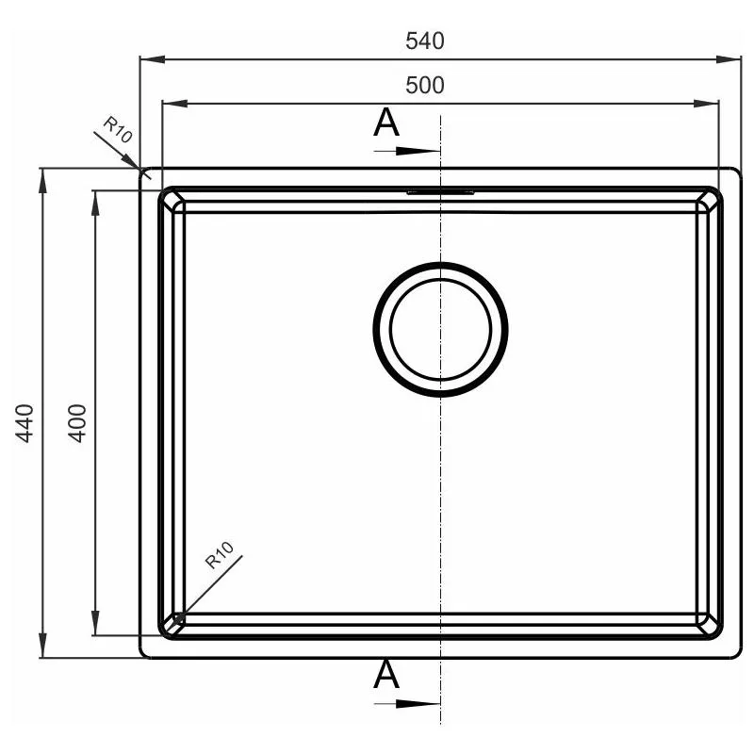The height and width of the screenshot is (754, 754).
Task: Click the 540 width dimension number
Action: point(425,41)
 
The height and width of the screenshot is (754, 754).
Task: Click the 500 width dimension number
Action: point(425,85)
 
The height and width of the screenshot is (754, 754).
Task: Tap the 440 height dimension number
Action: point(25,422)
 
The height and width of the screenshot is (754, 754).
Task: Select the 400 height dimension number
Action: point(77,422)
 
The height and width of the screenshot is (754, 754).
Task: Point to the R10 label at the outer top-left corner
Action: point(117,130)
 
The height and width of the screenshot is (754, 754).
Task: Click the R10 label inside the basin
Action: point(220,555)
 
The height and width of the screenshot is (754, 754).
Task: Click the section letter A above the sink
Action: point(386,123)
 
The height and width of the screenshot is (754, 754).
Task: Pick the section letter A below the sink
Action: point(386,674)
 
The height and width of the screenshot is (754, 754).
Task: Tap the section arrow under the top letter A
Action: point(407,151)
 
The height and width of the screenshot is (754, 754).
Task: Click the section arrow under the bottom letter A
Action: point(407,704)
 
